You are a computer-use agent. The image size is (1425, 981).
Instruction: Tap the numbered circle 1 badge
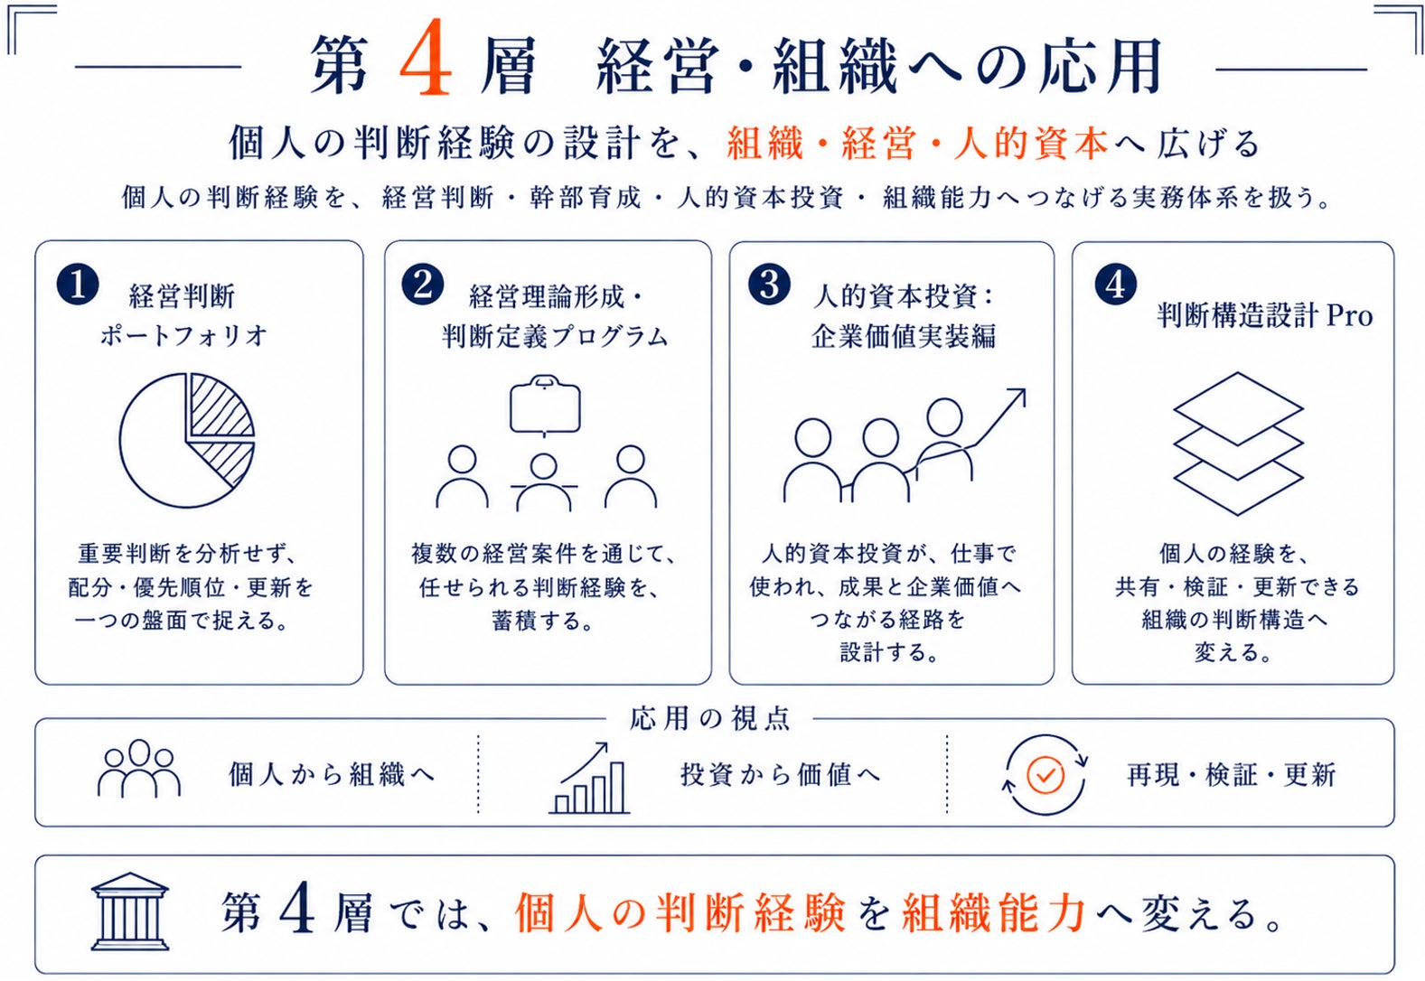(78, 285)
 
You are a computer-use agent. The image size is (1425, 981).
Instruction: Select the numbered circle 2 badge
(423, 285)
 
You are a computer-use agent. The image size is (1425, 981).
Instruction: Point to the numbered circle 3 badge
(769, 285)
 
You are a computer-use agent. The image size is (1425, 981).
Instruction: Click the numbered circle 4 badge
(1116, 285)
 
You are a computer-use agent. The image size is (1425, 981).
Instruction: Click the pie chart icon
(186, 440)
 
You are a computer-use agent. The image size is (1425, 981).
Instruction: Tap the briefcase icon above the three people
(545, 406)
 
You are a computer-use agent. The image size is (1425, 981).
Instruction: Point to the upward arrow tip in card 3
(1024, 389)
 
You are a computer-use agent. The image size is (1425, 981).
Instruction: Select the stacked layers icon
(1238, 444)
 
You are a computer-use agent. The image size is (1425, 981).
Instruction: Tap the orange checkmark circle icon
(1045, 774)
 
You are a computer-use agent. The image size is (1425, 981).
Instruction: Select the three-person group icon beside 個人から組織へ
(138, 768)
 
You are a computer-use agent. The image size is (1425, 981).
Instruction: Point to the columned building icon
(130, 911)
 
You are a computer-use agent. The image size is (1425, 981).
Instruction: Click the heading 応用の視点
(710, 718)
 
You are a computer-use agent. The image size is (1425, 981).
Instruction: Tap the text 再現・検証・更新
(1231, 774)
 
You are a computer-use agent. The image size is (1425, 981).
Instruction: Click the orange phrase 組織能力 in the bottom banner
(994, 913)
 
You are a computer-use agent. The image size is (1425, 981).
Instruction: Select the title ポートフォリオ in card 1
(183, 336)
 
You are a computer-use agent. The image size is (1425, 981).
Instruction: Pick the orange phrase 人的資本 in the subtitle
(1032, 143)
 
